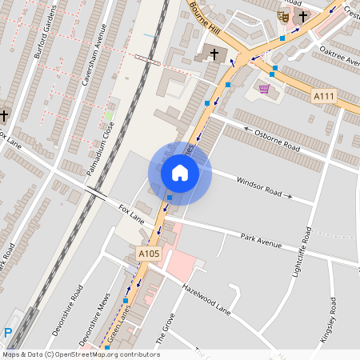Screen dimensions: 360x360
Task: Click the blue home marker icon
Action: (180, 172)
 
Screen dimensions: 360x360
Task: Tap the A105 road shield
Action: (149, 254)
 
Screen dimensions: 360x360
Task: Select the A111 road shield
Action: (322, 95)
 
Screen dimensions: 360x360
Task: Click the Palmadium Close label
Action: (100, 147)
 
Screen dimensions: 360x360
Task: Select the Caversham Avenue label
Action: (89, 55)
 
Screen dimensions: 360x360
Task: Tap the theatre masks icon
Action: (283, 15)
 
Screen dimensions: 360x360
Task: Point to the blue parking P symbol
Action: (8, 333)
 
